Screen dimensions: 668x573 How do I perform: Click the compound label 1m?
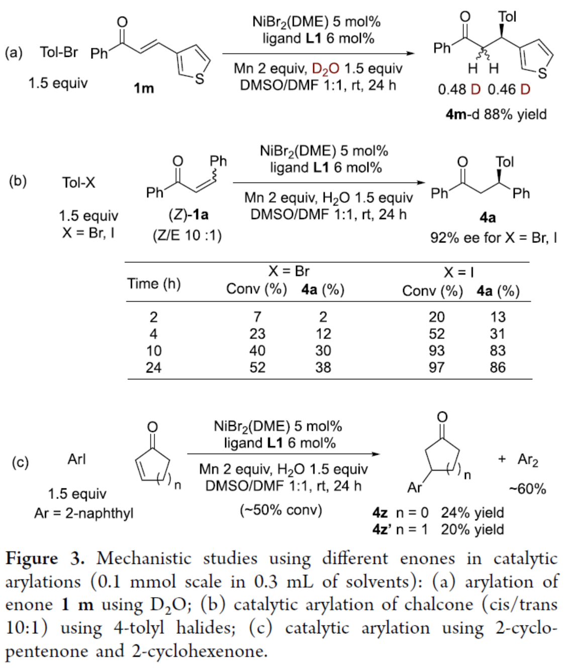(x=144, y=89)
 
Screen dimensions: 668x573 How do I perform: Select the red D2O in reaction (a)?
(x=326, y=69)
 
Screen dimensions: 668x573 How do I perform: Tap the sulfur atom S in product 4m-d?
(x=542, y=73)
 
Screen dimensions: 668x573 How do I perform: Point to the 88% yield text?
(x=515, y=114)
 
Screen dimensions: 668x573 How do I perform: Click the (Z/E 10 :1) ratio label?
(x=187, y=235)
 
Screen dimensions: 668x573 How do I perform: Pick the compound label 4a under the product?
(x=488, y=217)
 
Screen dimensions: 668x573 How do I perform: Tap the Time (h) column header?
(x=153, y=284)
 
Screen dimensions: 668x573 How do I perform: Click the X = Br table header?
(x=289, y=271)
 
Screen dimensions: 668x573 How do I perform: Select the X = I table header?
(x=458, y=272)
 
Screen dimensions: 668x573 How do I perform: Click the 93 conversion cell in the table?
(x=436, y=351)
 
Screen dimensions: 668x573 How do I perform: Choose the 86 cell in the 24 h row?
(x=497, y=368)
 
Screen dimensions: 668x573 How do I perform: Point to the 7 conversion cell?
(x=257, y=317)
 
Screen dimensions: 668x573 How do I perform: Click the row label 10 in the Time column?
(x=153, y=351)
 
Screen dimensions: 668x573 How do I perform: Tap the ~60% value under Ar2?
(x=527, y=489)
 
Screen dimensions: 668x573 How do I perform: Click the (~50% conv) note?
(x=280, y=510)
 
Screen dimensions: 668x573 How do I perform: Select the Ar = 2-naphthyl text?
(x=84, y=513)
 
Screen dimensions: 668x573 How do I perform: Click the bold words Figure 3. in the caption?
(x=45, y=558)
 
